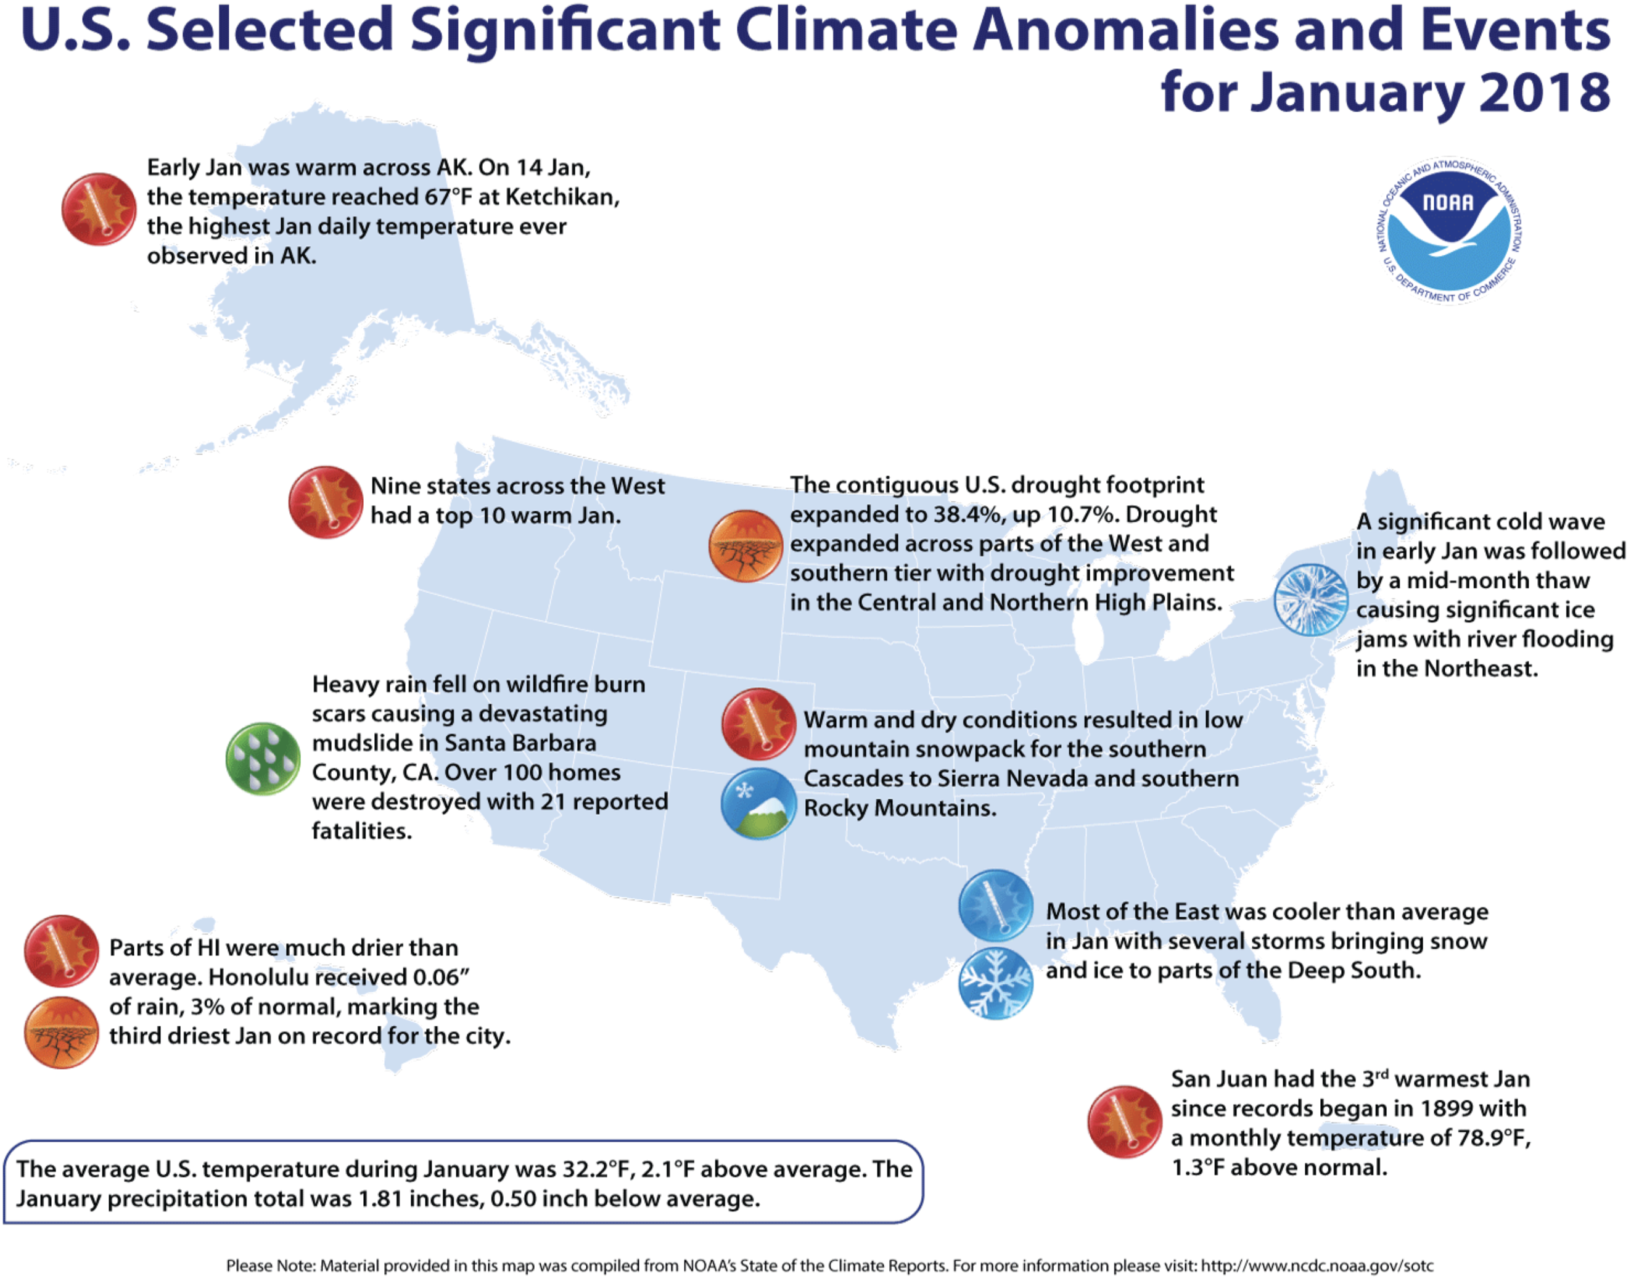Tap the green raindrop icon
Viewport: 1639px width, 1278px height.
[x=263, y=758]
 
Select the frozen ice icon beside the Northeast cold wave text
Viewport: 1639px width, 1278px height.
[x=1310, y=599]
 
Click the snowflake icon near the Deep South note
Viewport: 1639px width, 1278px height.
[x=995, y=983]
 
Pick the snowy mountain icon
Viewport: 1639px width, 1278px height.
[x=758, y=803]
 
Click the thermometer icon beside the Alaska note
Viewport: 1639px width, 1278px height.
[x=98, y=209]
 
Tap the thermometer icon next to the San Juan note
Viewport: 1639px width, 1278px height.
[x=1124, y=1121]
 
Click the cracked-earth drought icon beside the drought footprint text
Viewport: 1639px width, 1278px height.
[x=746, y=546]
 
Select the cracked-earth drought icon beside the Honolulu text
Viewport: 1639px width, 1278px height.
[x=61, y=1032]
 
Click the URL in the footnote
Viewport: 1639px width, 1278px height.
[x=1317, y=1265]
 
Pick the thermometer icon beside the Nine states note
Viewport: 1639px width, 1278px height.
[x=326, y=502]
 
